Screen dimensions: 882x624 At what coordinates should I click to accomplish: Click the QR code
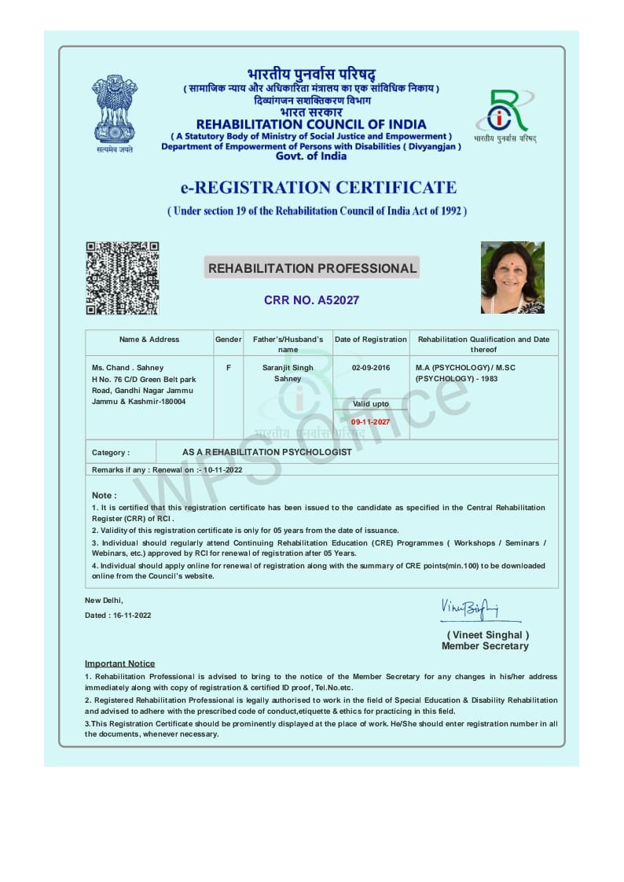tap(123, 278)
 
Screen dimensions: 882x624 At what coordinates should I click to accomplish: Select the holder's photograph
tap(512, 277)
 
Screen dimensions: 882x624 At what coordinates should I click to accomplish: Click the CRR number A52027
tap(311, 300)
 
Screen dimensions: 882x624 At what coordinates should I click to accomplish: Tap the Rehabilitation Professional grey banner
tap(312, 268)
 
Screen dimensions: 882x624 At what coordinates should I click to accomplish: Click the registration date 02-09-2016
tap(371, 368)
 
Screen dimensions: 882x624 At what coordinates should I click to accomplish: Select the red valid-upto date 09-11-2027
tap(370, 422)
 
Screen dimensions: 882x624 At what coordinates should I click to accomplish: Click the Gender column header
tap(229, 340)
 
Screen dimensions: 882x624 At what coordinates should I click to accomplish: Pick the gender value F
tap(229, 368)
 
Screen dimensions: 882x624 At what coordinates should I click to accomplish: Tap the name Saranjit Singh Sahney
tap(288, 373)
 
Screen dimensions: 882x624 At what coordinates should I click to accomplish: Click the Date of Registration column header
tap(371, 340)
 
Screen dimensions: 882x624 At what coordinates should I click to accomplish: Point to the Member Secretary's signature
tap(470, 608)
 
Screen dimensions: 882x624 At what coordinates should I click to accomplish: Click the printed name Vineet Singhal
tap(488, 635)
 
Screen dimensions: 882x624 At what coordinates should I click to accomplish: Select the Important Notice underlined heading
tap(120, 663)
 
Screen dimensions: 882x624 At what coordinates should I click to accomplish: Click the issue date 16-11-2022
tap(132, 616)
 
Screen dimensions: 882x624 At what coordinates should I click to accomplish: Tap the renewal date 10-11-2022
tap(222, 470)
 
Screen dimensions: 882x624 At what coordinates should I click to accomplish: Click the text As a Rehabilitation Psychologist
tap(267, 453)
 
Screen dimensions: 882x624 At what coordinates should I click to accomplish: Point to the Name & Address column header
tap(149, 340)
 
